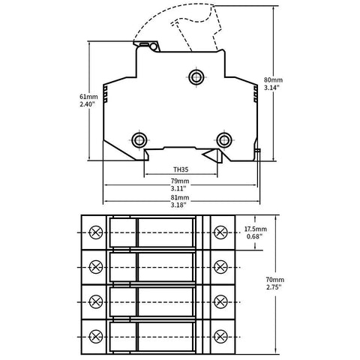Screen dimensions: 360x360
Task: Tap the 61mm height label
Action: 88,97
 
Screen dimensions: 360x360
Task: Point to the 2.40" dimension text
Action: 88,105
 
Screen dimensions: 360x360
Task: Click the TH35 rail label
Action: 181,169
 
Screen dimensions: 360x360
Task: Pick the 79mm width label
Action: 180,181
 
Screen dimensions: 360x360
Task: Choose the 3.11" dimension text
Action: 180,188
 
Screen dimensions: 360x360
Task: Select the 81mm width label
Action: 180,197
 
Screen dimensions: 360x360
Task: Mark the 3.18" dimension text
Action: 180,205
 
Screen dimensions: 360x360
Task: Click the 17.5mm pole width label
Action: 255,229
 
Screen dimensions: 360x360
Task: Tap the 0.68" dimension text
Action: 255,237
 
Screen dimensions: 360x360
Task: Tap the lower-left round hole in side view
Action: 139,139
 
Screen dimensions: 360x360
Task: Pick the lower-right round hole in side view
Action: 223,139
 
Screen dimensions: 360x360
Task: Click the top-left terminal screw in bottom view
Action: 95,231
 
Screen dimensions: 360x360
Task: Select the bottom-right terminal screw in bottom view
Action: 220,334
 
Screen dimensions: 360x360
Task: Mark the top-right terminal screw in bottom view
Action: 220,231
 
